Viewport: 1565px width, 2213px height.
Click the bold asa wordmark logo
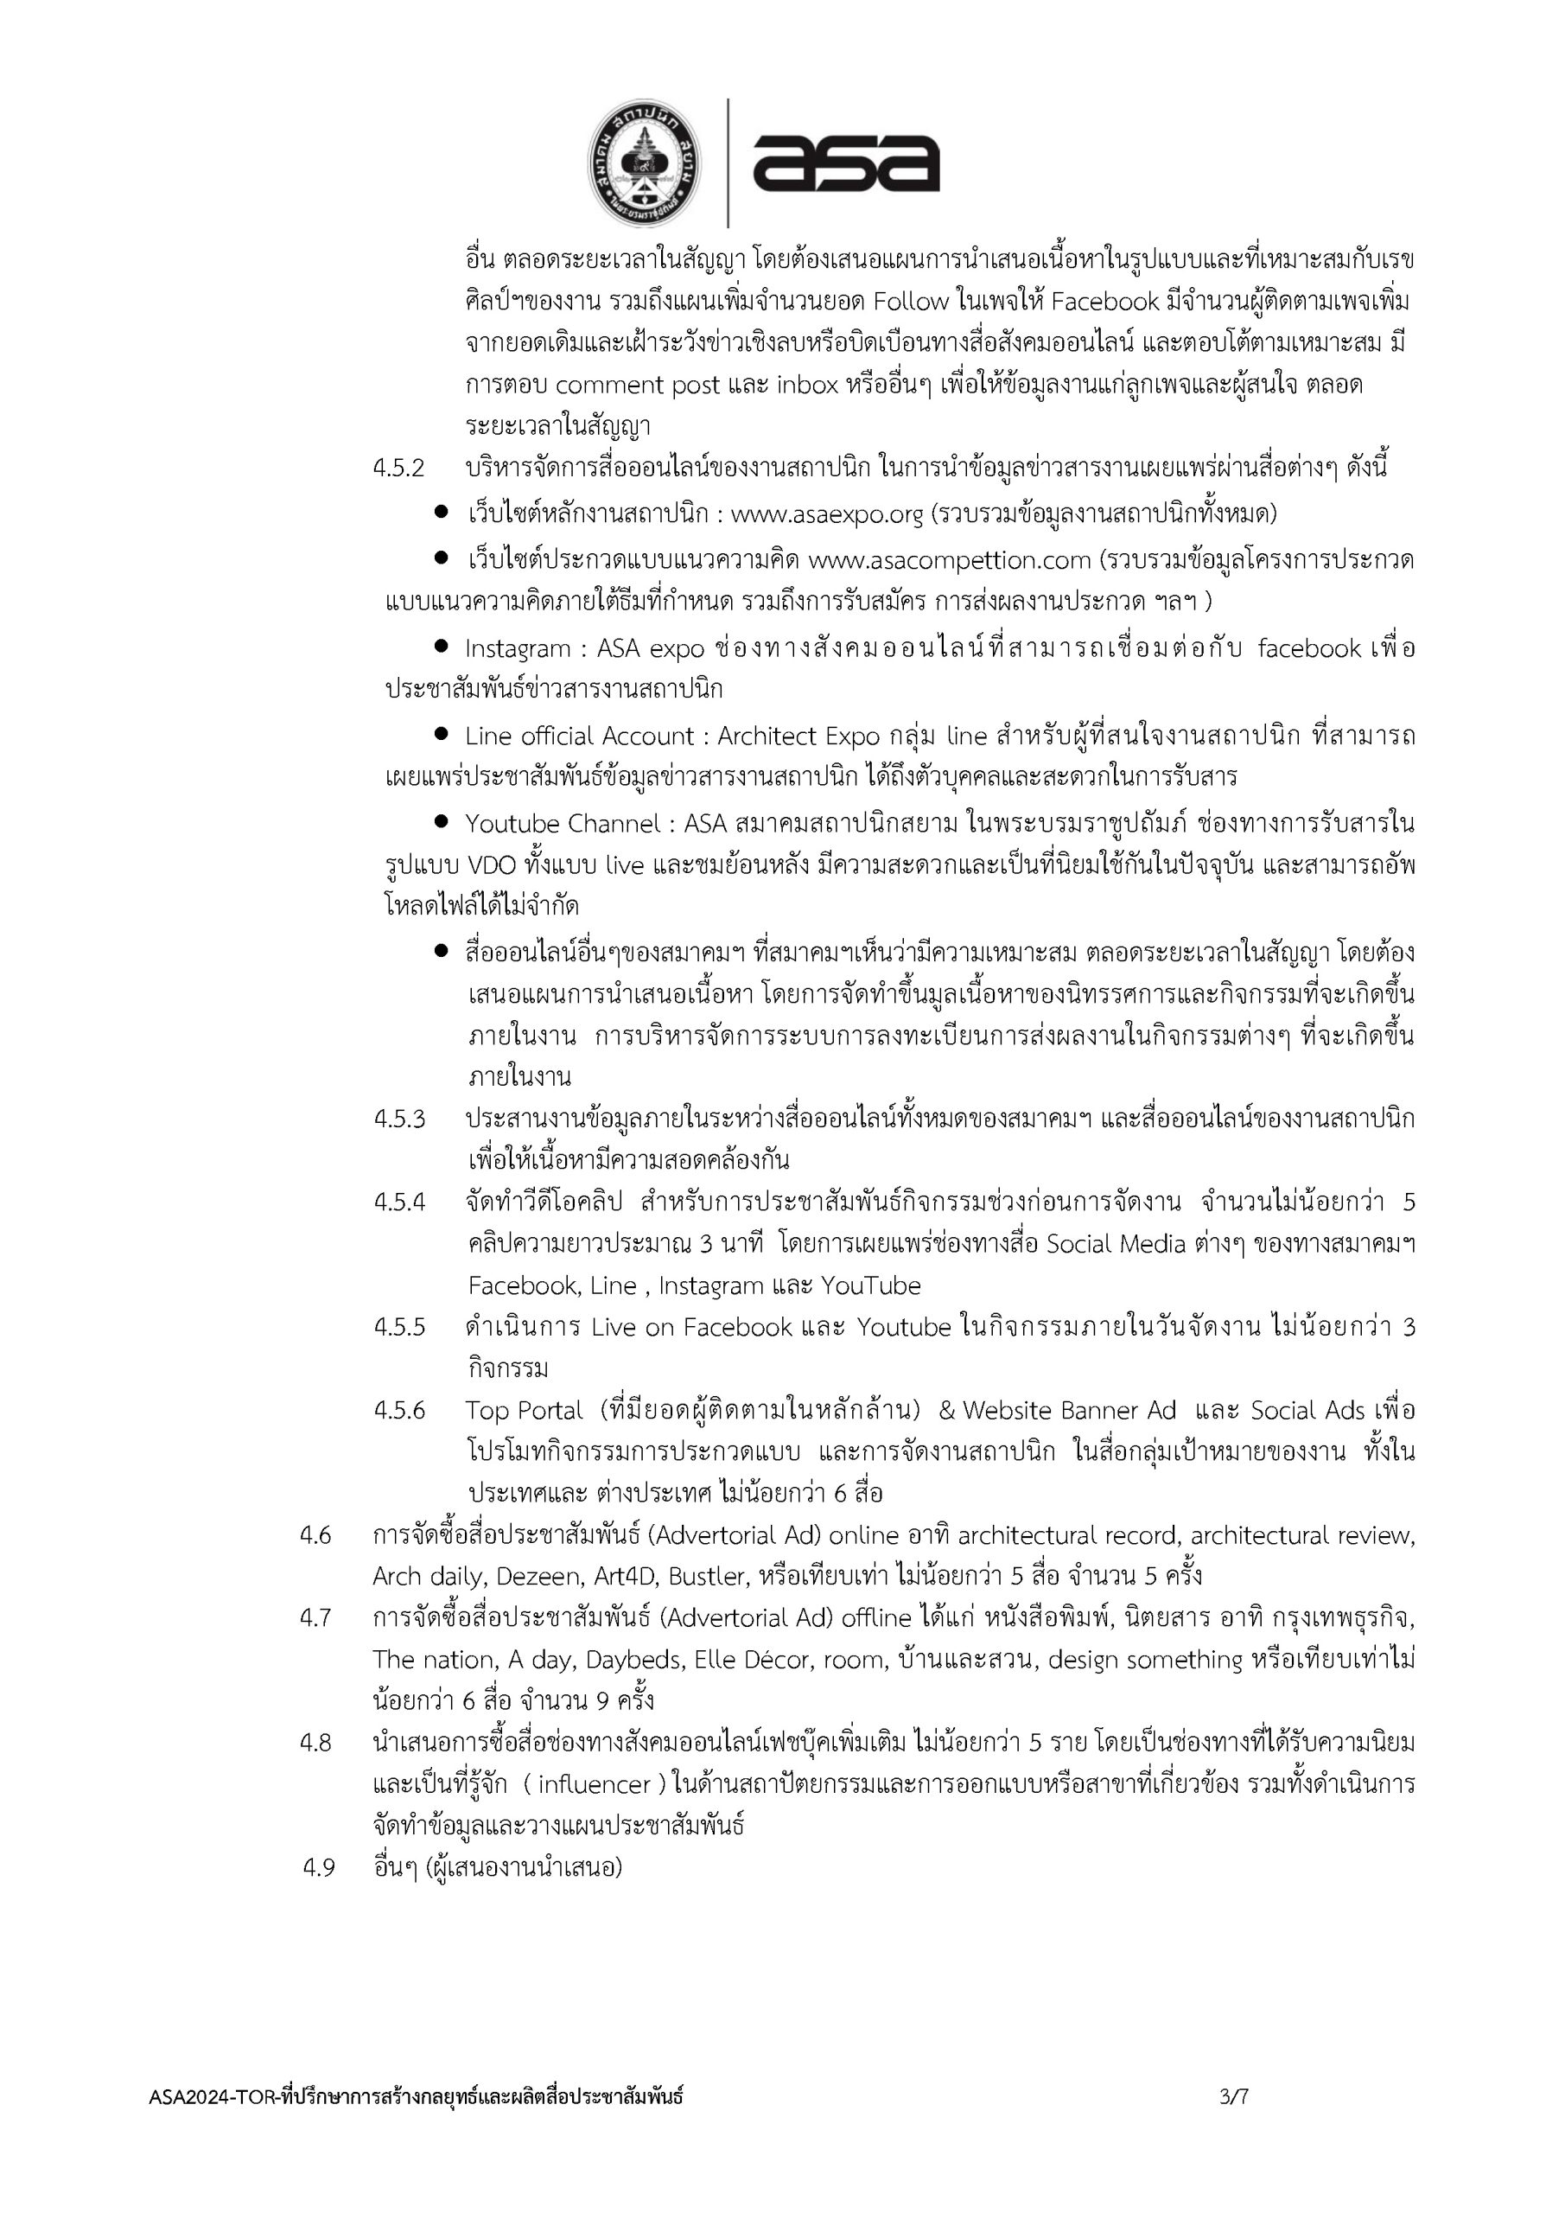[x=846, y=162]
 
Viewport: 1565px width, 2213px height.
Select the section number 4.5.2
[x=399, y=469]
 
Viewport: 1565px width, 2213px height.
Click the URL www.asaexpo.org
[x=827, y=514]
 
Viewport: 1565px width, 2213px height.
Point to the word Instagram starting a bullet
[x=518, y=648]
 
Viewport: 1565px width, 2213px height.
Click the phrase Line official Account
[x=578, y=737]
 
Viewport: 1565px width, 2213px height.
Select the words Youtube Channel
[x=563, y=824]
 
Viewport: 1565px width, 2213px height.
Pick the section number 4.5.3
[x=399, y=1119]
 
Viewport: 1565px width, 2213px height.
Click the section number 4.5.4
[x=399, y=1202]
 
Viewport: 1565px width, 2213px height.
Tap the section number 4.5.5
[x=399, y=1327]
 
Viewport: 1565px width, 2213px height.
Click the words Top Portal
[x=525, y=1410]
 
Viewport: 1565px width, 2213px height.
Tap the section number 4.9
[x=318, y=1868]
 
